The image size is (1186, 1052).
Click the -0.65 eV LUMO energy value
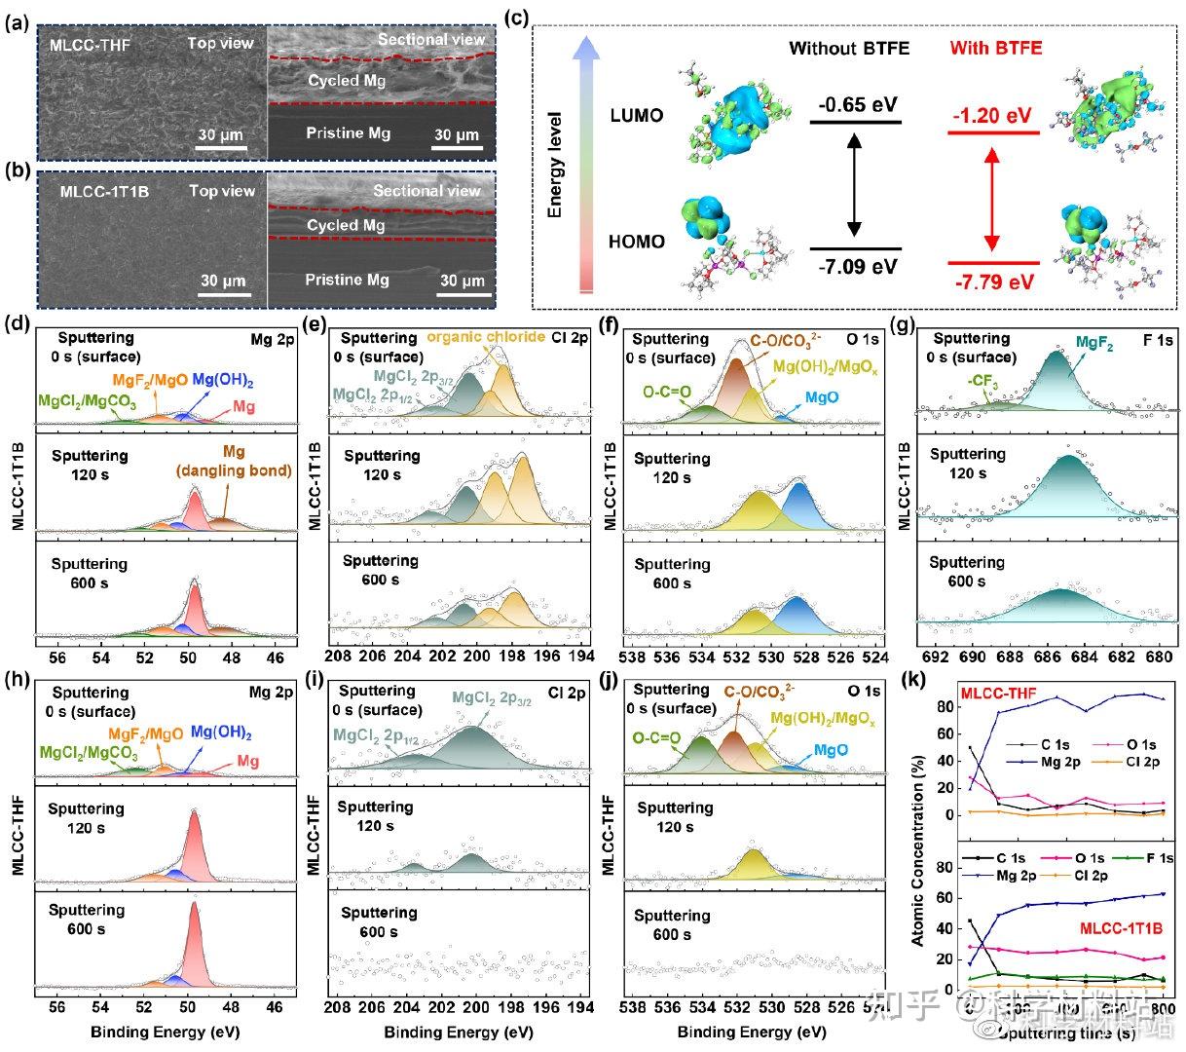857,104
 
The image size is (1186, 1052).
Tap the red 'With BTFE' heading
995,48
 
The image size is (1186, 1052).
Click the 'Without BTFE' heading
849,48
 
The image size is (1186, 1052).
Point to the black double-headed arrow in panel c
855,185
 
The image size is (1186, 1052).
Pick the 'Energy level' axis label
555,175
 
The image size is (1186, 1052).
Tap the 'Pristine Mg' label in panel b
347,280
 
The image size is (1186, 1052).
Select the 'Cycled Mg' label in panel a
347,81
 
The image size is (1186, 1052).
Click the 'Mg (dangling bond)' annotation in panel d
234,462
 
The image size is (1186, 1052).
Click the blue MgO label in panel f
820,398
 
